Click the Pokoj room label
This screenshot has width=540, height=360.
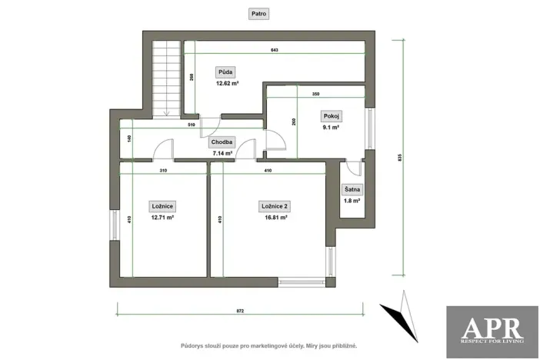pyautogui.click(x=332, y=116)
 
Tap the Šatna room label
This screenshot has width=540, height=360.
pyautogui.click(x=352, y=190)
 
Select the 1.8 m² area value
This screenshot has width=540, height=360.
pyautogui.click(x=352, y=201)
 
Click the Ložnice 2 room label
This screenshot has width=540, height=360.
pyautogui.click(x=275, y=206)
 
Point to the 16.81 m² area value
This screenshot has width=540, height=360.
pyautogui.click(x=275, y=217)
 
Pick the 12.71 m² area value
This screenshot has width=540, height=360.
pyautogui.click(x=162, y=217)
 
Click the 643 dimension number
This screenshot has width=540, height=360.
pyautogui.click(x=274, y=50)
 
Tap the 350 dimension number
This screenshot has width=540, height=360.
pyautogui.click(x=316, y=94)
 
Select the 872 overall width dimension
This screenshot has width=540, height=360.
pyautogui.click(x=240, y=310)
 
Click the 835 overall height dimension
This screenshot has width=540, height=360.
pyautogui.click(x=401, y=157)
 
